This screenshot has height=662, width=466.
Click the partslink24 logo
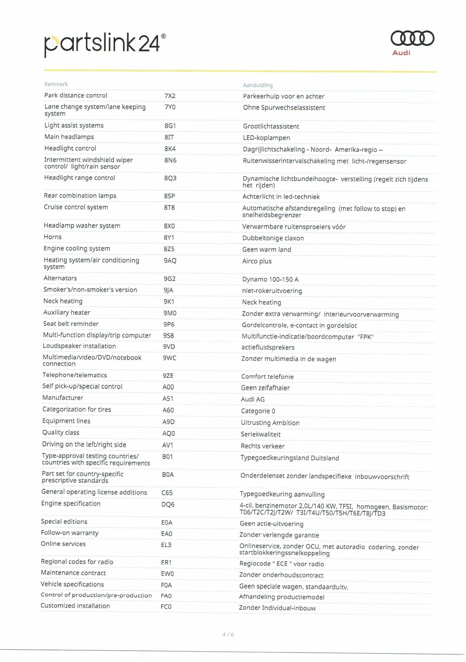pos(105,44)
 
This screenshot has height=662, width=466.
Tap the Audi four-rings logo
pos(412,38)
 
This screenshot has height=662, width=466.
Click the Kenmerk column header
pos(56,84)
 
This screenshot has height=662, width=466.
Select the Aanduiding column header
pos(258,85)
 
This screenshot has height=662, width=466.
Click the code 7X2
pos(170,96)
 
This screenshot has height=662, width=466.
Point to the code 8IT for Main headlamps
pos(169,137)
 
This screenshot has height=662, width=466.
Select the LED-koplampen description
pos(266,138)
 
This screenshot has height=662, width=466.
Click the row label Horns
pos(52,237)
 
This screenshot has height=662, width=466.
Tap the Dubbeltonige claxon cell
pos(273,238)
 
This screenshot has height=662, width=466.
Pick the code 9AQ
pos(170,261)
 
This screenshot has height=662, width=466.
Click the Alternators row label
pos(60,278)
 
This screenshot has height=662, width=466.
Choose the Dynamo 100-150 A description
pos(270,279)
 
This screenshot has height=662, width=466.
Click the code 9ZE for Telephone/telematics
pos(168,376)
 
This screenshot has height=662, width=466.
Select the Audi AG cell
pos(253,399)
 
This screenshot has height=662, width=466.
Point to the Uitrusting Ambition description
pos(270,423)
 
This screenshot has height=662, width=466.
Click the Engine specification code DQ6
pos(168,505)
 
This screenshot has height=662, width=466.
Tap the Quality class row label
pos(60,432)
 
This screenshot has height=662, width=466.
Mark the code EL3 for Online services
pos(166,545)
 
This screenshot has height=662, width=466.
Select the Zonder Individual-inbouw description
pos(277,608)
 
